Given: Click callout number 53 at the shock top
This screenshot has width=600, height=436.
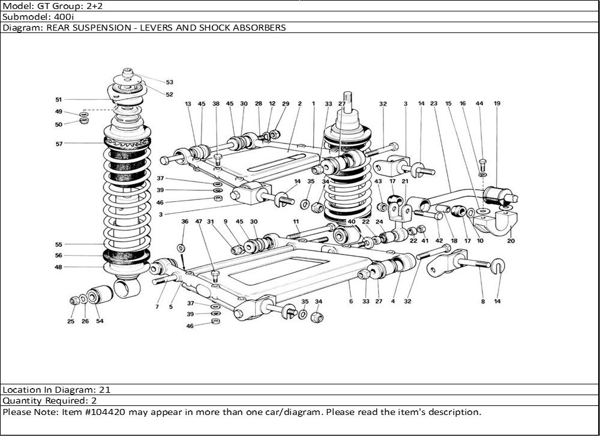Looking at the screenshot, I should pyautogui.click(x=169, y=82).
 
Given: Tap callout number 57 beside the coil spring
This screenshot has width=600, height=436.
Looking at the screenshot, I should pyautogui.click(x=59, y=144).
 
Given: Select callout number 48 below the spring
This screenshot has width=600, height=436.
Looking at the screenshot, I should pyautogui.click(x=59, y=267).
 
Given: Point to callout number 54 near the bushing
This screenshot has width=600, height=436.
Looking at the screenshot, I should pyautogui.click(x=100, y=321).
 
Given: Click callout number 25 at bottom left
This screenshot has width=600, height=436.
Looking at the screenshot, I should pyautogui.click(x=71, y=321).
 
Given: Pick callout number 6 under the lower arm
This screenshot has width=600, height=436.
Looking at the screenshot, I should pyautogui.click(x=350, y=301).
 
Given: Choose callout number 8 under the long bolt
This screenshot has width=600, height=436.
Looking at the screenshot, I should pyautogui.click(x=482, y=301).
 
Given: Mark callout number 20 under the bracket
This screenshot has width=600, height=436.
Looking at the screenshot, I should pyautogui.click(x=511, y=241).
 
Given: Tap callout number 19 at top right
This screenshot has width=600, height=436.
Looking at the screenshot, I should pyautogui.click(x=497, y=103).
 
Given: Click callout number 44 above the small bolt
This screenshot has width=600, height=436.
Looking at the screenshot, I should pyautogui.click(x=479, y=103).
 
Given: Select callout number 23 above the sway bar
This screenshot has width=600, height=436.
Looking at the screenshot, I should pyautogui.click(x=434, y=103).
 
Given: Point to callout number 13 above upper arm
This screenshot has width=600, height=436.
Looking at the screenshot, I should pyautogui.click(x=188, y=104).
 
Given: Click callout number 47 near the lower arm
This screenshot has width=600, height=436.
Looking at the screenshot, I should pyautogui.click(x=198, y=222).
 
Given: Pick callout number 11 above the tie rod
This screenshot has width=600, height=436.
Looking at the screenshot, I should pyautogui.click(x=296, y=222).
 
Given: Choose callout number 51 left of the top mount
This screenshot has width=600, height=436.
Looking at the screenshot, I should pyautogui.click(x=59, y=100).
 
